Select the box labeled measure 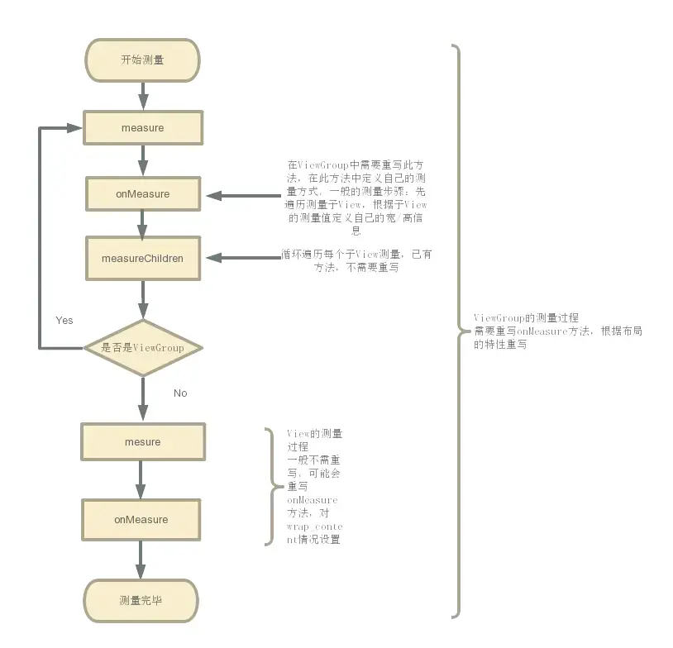[143, 128]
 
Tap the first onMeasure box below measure [143, 194]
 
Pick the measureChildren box [143, 259]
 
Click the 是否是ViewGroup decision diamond [143, 348]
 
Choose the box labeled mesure [143, 442]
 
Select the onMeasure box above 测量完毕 [141, 520]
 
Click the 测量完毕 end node [141, 600]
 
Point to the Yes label [64, 320]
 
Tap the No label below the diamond [180, 393]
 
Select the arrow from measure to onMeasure [143, 160]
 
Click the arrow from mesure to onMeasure [141, 479]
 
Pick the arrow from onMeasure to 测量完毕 [141, 559]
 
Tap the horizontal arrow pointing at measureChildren [244, 258]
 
